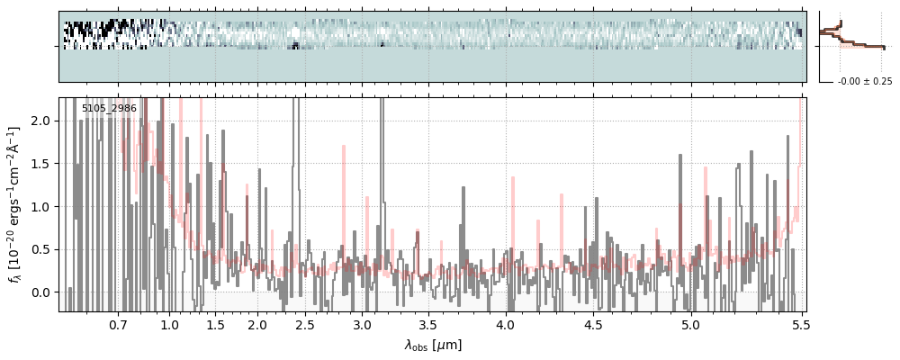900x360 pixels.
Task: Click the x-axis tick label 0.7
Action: pyautogui.click(x=118, y=324)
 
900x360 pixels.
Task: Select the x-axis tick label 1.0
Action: pyautogui.click(x=170, y=324)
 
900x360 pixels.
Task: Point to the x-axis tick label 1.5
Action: pyautogui.click(x=215, y=324)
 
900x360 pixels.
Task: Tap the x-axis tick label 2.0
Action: pyautogui.click(x=257, y=324)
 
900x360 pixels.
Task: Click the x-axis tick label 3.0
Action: pyautogui.click(x=362, y=324)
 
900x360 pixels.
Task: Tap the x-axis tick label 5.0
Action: pyautogui.click(x=690, y=324)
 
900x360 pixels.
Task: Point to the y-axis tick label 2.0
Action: pyautogui.click(x=42, y=121)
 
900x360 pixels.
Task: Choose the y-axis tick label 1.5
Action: pyautogui.click(x=42, y=164)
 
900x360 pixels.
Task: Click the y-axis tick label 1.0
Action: pyautogui.click(x=42, y=207)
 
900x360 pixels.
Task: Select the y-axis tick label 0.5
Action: pyautogui.click(x=42, y=249)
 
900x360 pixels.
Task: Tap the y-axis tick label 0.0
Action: pyautogui.click(x=42, y=292)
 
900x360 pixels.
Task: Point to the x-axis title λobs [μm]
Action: pyautogui.click(x=433, y=345)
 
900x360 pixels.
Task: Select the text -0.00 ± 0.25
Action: pyautogui.click(x=864, y=82)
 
